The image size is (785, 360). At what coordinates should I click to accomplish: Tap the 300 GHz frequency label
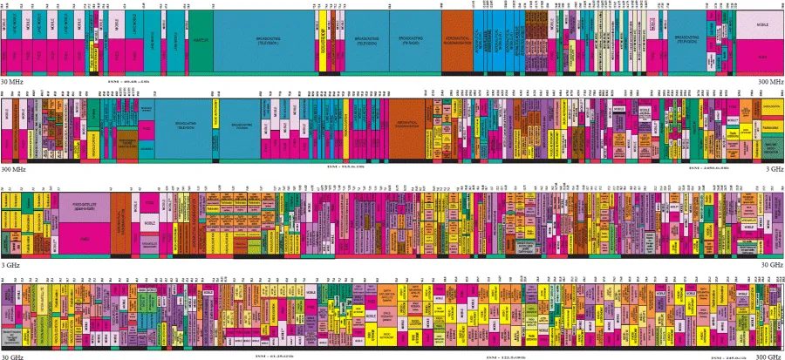pos(769,356)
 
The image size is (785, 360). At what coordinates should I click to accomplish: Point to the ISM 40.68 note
pos(127,81)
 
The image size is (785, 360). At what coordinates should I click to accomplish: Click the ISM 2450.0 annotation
pos(707,166)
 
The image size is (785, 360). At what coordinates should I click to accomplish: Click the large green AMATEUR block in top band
pos(201,40)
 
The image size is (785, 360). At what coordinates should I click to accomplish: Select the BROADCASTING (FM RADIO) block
pos(414,40)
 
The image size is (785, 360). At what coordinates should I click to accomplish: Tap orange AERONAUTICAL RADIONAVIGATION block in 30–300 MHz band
pos(457,40)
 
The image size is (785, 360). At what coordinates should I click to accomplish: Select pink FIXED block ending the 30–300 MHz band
pos(761,56)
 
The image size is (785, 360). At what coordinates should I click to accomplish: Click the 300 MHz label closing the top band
pos(770,81)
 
